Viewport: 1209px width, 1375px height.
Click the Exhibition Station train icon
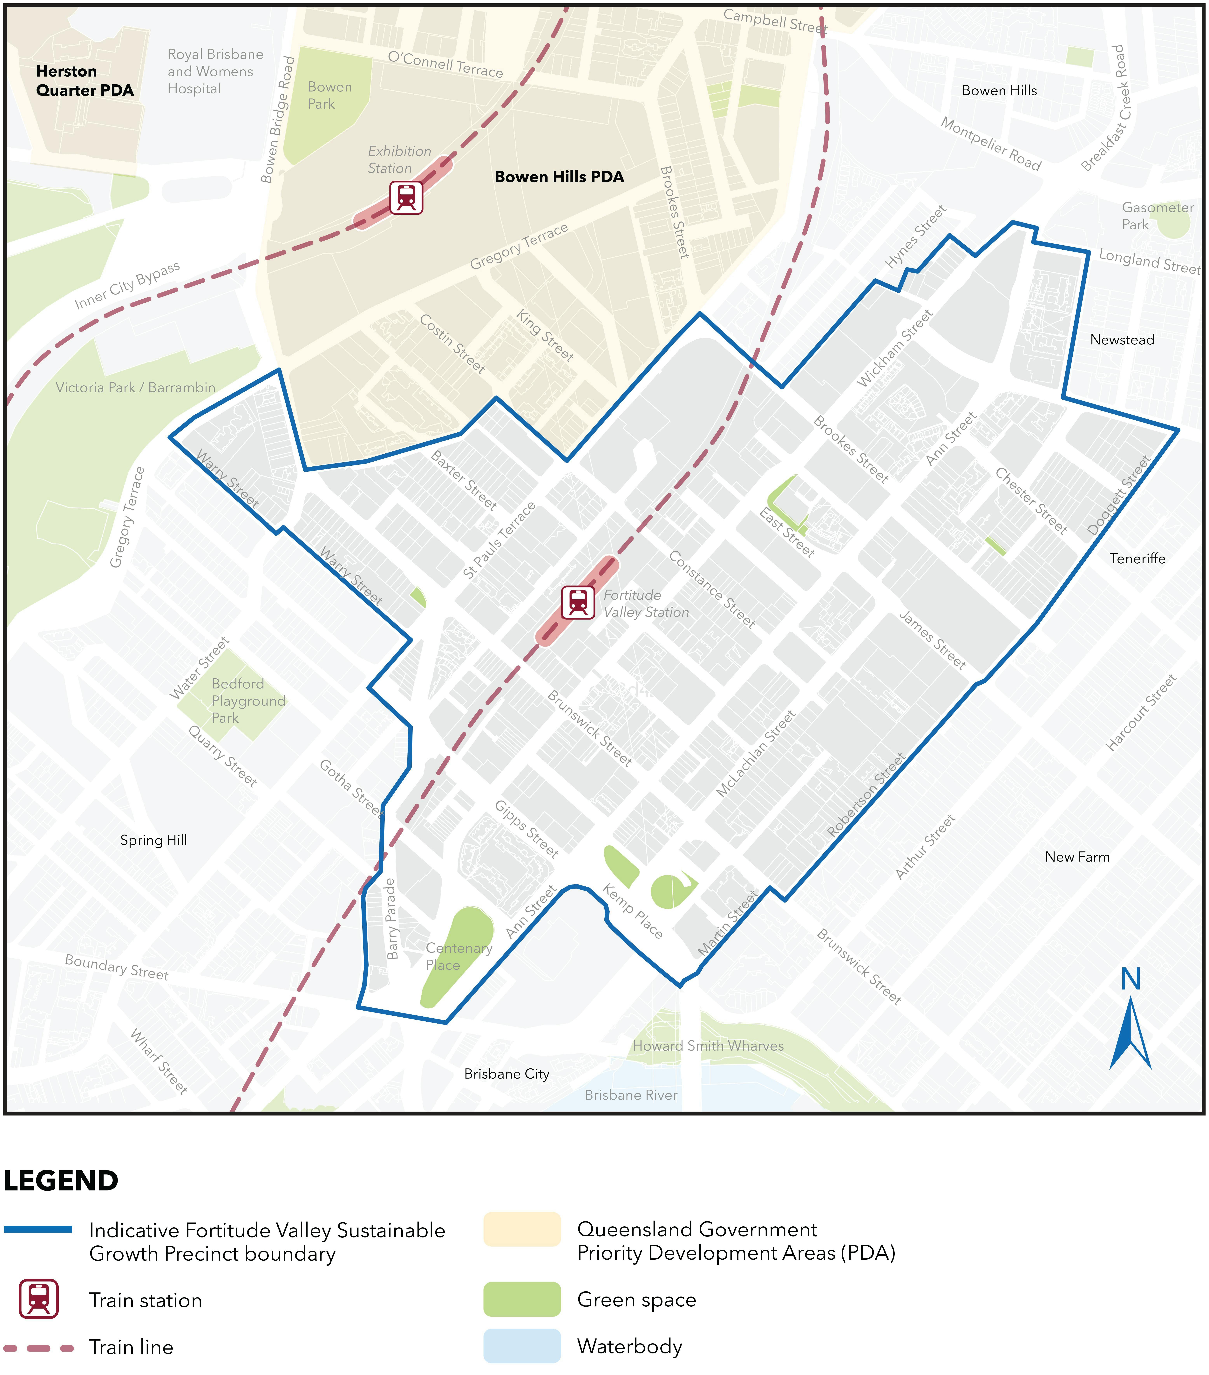coord(406,197)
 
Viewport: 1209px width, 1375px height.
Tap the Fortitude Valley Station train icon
coord(578,602)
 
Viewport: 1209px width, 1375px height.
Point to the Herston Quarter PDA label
coord(84,81)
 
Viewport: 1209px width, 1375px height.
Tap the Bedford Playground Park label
coord(248,700)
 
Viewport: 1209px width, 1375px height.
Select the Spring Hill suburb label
coord(153,840)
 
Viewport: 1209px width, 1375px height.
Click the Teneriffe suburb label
coord(1137,558)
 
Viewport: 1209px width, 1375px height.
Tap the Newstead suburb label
coord(1122,340)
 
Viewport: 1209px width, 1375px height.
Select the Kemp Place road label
coord(632,911)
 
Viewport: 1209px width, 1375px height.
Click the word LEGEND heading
coord(61,1181)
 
